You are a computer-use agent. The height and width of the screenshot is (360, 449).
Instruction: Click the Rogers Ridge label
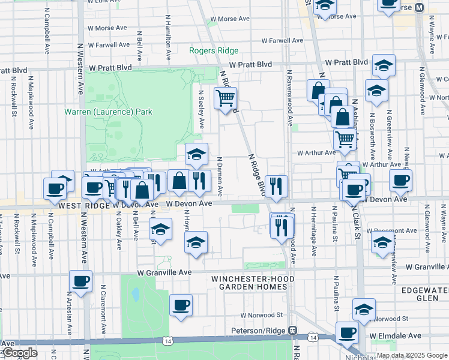point(214,51)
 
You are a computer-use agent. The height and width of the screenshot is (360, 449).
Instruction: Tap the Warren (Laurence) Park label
point(109,112)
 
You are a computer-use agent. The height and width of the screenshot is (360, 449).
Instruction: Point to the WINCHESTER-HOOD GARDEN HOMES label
point(249,283)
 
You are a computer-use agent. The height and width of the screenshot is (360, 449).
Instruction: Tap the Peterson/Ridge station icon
point(292,331)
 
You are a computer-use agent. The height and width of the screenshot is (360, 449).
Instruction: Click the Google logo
point(19,353)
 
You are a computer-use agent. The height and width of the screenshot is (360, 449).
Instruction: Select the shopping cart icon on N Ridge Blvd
point(225,98)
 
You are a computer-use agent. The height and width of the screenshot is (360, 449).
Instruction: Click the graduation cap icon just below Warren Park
point(196,154)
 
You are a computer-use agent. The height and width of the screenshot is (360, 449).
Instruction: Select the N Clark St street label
point(357,224)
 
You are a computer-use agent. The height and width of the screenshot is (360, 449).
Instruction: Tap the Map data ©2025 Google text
point(411,355)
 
